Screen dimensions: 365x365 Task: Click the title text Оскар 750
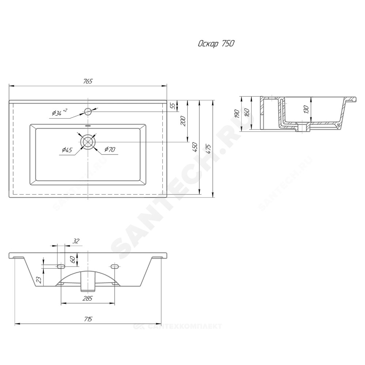click(216, 43)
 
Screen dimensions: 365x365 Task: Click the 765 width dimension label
click(88, 81)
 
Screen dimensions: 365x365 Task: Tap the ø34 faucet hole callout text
click(59, 112)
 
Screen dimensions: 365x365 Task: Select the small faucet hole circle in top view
click(88, 112)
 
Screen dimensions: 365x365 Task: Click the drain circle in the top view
click(88, 142)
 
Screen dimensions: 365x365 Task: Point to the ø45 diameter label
click(67, 150)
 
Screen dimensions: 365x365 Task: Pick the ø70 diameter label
click(110, 149)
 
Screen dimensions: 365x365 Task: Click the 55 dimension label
click(173, 106)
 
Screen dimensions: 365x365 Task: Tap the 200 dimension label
click(183, 121)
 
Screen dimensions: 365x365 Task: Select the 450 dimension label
click(195, 147)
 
